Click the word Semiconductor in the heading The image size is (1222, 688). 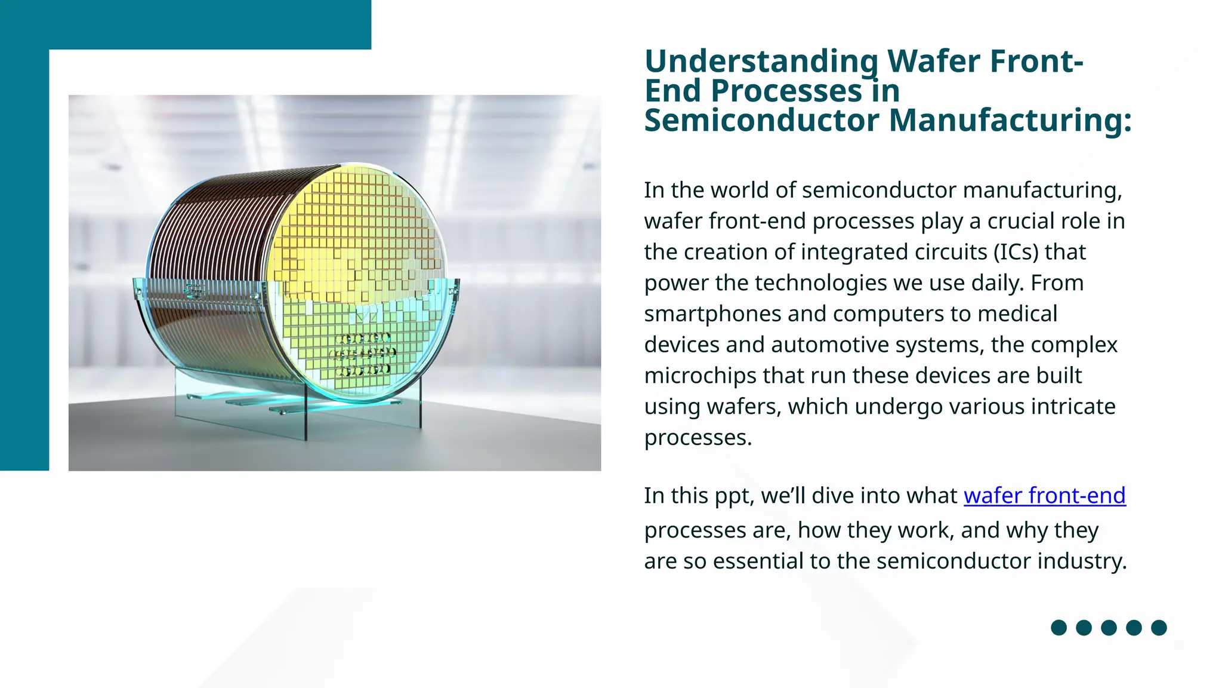761,120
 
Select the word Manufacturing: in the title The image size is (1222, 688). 1010,120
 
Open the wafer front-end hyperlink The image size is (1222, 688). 1044,496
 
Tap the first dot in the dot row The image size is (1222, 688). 1059,628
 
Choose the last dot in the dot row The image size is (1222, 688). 1159,628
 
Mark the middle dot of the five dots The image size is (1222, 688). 1109,628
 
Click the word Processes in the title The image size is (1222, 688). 786,91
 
